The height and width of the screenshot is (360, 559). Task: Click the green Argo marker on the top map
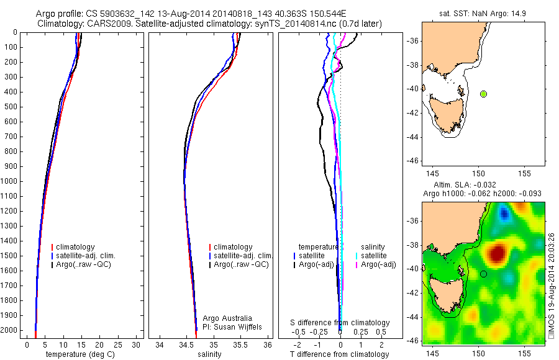[483, 94]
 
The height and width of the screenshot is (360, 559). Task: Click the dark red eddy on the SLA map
[496, 253]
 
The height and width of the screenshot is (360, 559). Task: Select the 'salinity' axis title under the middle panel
[209, 354]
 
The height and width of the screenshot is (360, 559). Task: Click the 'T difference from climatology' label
[340, 354]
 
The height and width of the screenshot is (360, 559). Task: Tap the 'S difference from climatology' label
[340, 323]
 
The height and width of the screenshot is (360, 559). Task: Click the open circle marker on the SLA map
[483, 274]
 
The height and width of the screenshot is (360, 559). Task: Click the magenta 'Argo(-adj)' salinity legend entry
[379, 265]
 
